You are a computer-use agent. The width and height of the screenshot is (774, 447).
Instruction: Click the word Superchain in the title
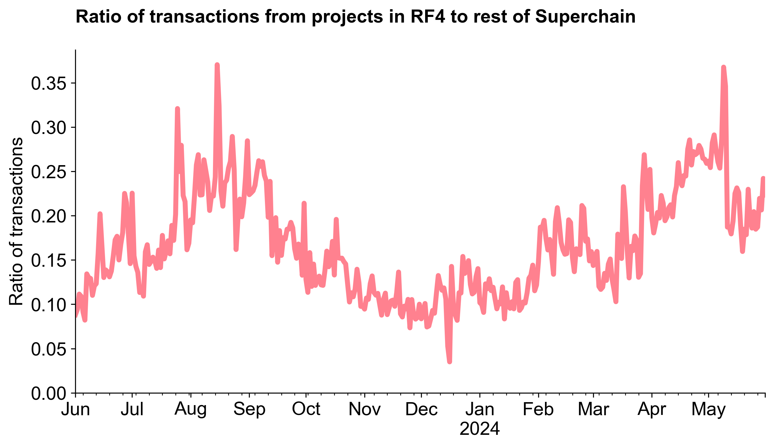(x=585, y=17)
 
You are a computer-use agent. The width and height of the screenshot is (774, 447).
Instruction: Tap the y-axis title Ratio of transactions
(x=16, y=222)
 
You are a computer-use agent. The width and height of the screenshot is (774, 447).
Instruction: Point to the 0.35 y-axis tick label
(x=49, y=83)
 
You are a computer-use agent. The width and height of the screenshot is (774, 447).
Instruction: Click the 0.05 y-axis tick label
(x=49, y=349)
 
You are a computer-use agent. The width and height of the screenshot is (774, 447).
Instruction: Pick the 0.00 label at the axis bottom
(x=49, y=393)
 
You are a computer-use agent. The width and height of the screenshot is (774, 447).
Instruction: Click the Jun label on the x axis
(x=75, y=409)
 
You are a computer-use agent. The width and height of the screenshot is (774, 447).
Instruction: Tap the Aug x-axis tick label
(x=190, y=409)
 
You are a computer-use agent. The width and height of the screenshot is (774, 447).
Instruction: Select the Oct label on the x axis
(x=306, y=409)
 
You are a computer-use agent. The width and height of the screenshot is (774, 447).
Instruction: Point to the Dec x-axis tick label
(x=421, y=409)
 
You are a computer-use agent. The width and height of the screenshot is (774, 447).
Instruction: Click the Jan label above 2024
(x=480, y=409)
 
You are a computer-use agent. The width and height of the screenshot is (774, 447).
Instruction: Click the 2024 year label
(x=480, y=429)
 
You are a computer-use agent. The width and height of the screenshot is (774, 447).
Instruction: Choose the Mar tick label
(x=593, y=409)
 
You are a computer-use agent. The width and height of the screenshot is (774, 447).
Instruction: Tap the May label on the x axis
(x=708, y=409)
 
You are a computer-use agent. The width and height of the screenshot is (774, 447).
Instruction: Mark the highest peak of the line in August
(x=217, y=65)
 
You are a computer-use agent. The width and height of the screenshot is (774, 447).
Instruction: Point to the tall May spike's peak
(x=723, y=67)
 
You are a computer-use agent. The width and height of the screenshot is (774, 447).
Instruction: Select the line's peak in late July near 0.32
(x=177, y=109)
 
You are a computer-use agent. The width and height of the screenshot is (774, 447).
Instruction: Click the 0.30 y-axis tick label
(x=49, y=128)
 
